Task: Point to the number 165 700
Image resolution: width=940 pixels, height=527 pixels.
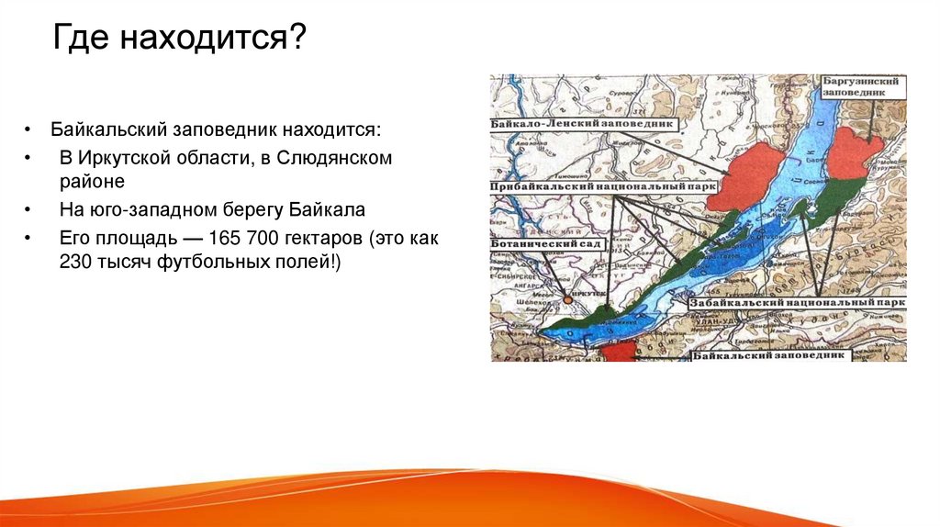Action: tap(242, 238)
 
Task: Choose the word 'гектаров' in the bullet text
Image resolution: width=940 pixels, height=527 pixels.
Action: tap(320, 238)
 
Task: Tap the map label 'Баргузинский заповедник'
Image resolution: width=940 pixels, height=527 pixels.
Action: tap(863, 86)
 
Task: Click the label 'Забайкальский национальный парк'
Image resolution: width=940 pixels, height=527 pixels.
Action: tap(797, 302)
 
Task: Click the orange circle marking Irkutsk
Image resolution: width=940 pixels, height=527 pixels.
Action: tap(568, 299)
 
